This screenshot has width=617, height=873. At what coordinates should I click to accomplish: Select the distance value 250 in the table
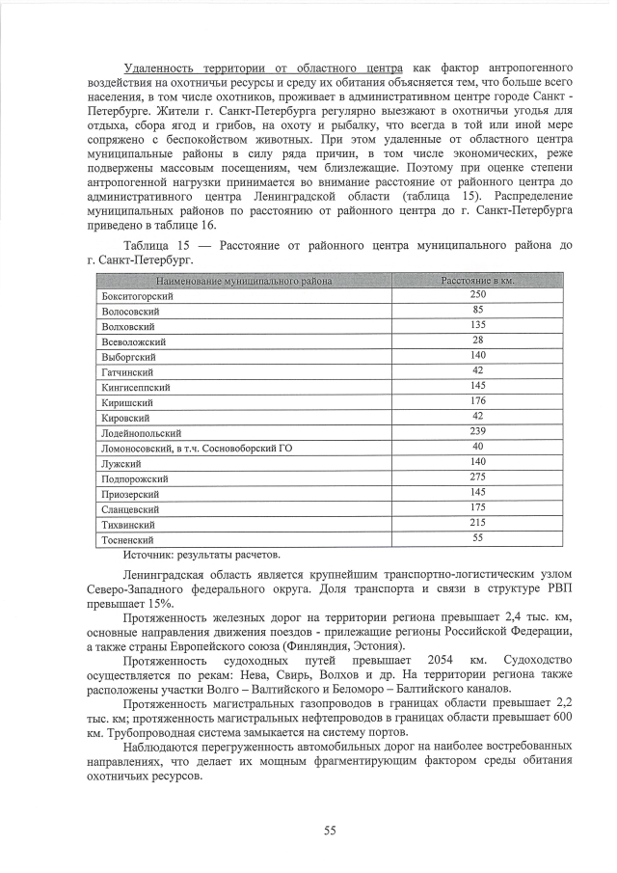(477, 294)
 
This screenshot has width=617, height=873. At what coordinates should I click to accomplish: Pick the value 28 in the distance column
(477, 341)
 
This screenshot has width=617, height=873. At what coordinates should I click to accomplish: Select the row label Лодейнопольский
(141, 433)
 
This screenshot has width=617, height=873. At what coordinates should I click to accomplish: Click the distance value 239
(477, 431)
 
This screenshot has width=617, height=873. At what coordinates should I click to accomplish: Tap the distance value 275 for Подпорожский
(477, 477)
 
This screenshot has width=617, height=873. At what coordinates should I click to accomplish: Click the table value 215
(477, 522)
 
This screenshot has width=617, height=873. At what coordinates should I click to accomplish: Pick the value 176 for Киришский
(477, 400)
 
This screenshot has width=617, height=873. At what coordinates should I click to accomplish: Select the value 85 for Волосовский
(477, 310)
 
